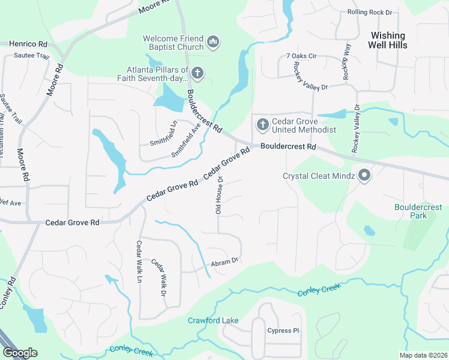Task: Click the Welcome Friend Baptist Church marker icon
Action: coord(212,42)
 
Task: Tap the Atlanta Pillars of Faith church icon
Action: coord(197,74)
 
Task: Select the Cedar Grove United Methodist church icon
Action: coord(262,125)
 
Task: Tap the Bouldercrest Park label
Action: coord(418,211)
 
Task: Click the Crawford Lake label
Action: coord(212,320)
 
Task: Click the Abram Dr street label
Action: coord(225,262)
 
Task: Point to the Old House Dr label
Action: coord(219,195)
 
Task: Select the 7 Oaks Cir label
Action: coord(301,56)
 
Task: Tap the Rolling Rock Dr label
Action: coord(370,12)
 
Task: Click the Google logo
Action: coord(20,353)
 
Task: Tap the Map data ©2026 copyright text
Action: coord(423,355)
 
